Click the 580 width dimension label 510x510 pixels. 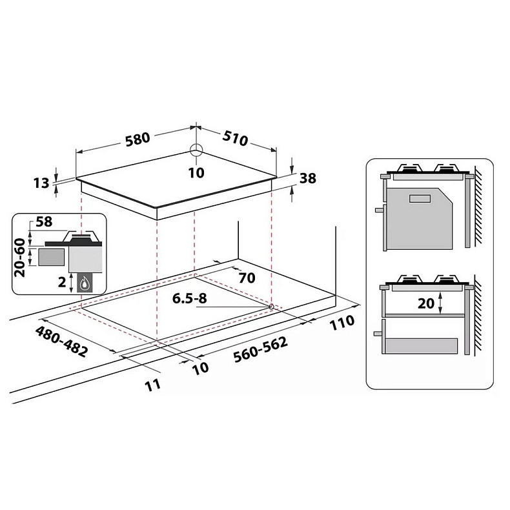pos(138,139)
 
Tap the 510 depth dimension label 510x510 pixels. pos(235,138)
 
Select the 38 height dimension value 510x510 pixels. pos(307,178)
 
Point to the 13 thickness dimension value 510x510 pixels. pos(41,183)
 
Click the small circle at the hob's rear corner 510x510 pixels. pos(196,150)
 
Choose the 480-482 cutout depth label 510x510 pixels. pos(61,342)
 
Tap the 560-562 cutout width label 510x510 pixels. pos(261,349)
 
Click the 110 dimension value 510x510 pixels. pos(342,322)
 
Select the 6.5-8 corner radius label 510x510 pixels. pos(189,298)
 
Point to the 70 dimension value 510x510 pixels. pos(247,278)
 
